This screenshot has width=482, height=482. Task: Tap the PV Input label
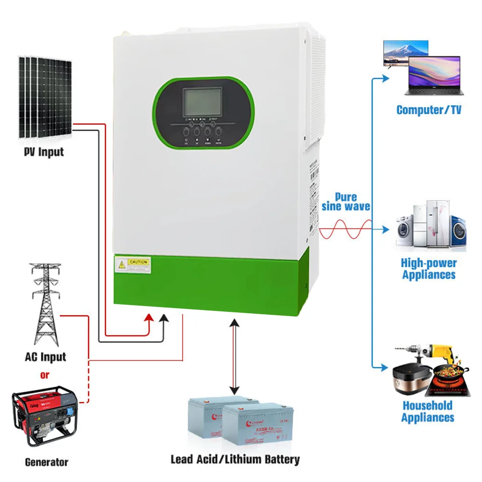point(44,152)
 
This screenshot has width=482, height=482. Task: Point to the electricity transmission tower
point(45,304)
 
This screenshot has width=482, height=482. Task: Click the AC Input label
point(45,358)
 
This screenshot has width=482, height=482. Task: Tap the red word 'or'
point(45,375)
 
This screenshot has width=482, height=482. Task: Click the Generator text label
point(46,462)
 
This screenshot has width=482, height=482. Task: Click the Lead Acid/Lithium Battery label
point(235,459)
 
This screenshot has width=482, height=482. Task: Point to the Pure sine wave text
point(346,201)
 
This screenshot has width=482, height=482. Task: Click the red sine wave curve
point(345,228)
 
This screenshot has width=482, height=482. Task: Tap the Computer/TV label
point(428,110)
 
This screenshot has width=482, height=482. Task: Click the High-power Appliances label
point(428,269)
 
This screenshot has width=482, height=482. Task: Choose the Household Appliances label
point(428,412)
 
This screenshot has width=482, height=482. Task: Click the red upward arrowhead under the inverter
point(150,318)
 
